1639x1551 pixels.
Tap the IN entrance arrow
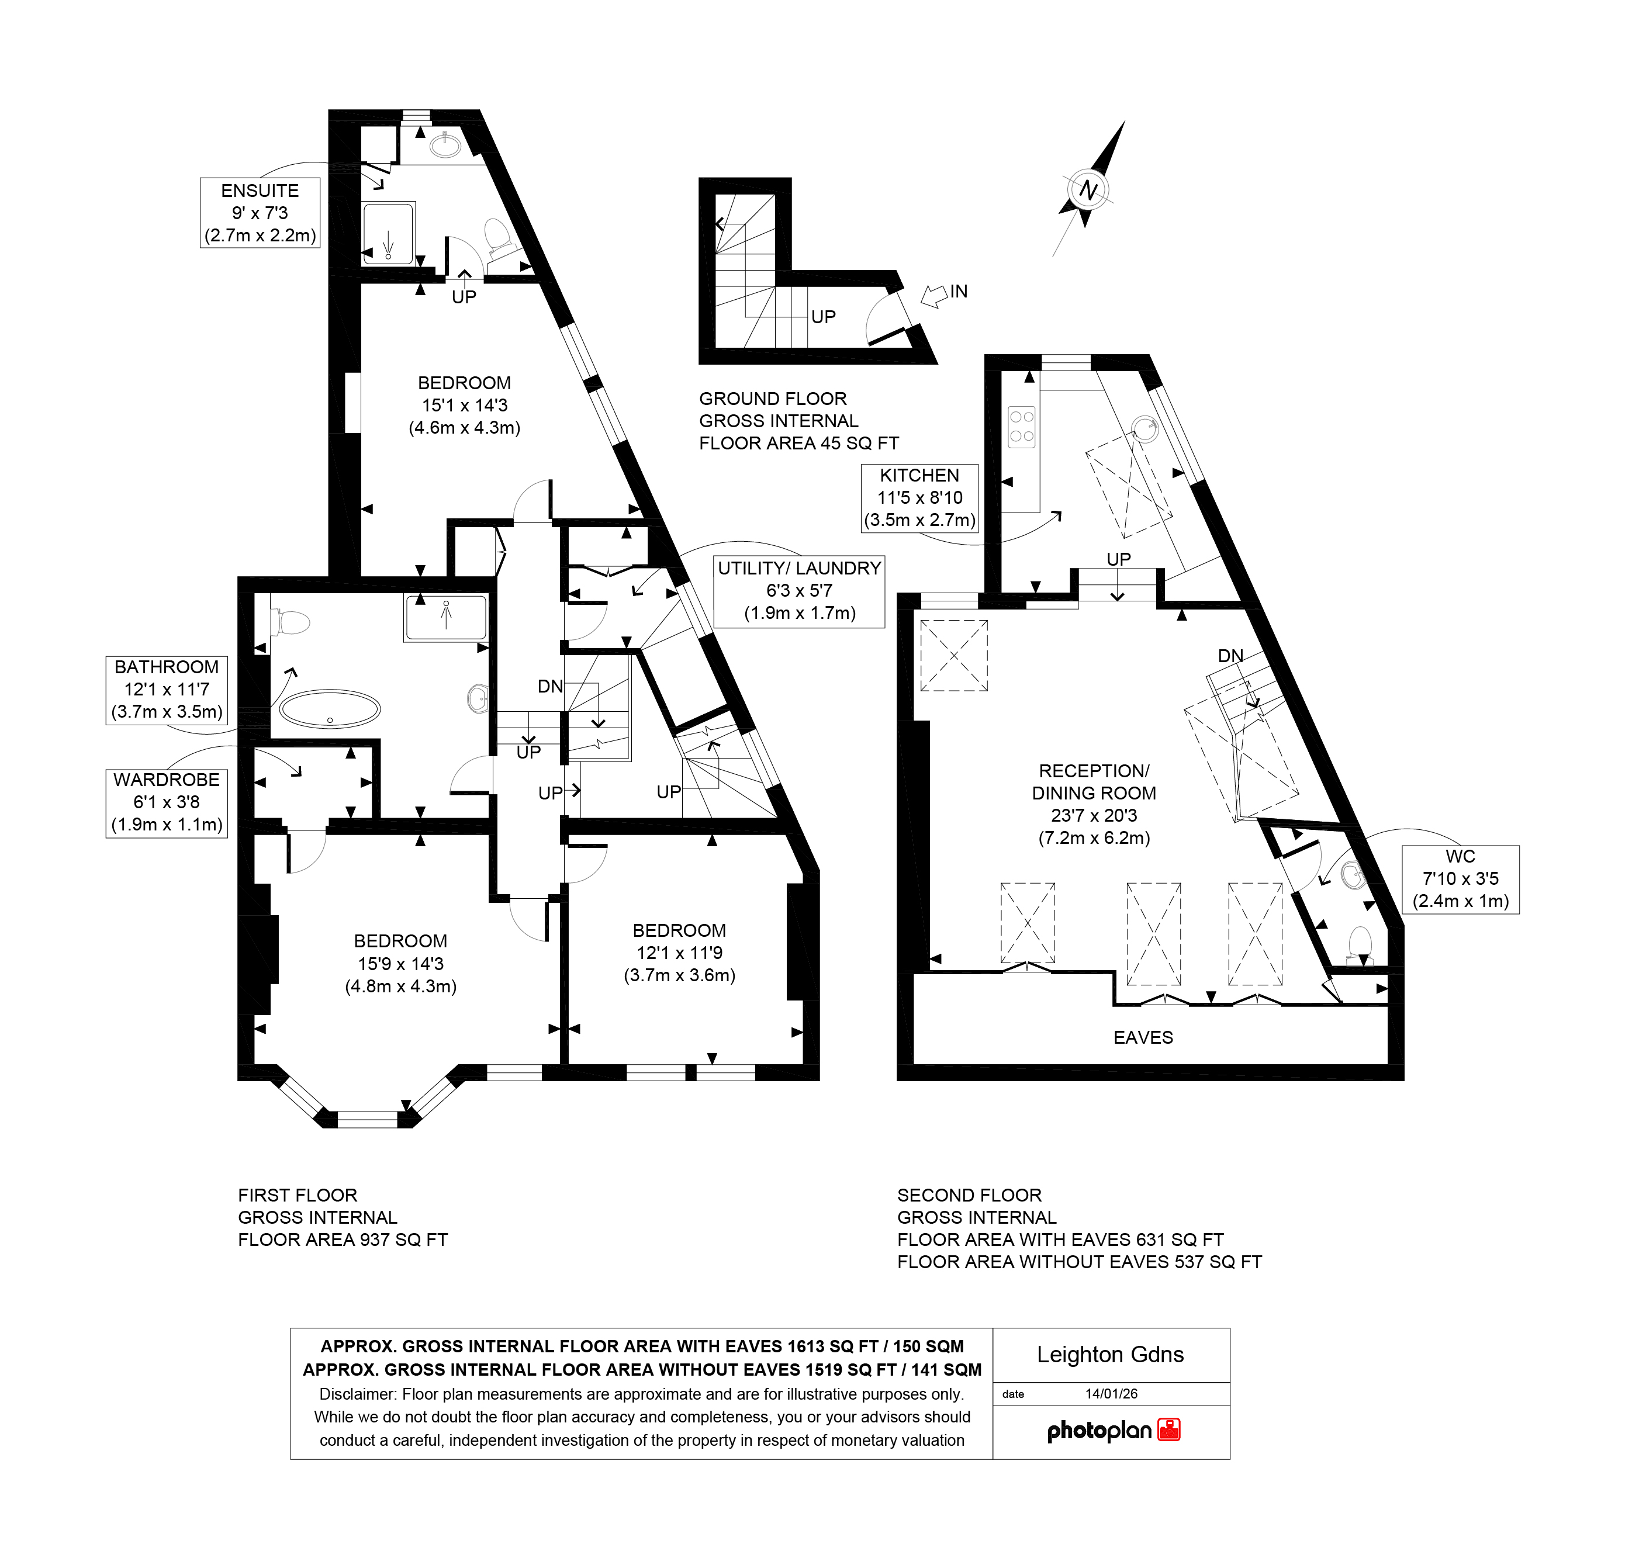click(935, 295)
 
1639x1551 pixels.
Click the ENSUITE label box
click(260, 213)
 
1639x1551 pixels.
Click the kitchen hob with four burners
click(1021, 427)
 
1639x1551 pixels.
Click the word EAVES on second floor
click(1143, 1037)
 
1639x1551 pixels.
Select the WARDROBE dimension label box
click(166, 802)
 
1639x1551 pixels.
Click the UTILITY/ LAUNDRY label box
click(799, 590)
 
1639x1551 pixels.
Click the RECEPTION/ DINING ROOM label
click(1093, 804)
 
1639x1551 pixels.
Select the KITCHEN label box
click(919, 498)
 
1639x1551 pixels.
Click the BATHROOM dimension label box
click(166, 690)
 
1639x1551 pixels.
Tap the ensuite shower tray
click(388, 234)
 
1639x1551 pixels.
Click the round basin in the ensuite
click(446, 145)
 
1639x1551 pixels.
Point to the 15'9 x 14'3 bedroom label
click(400, 963)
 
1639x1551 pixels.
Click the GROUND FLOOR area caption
click(798, 421)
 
